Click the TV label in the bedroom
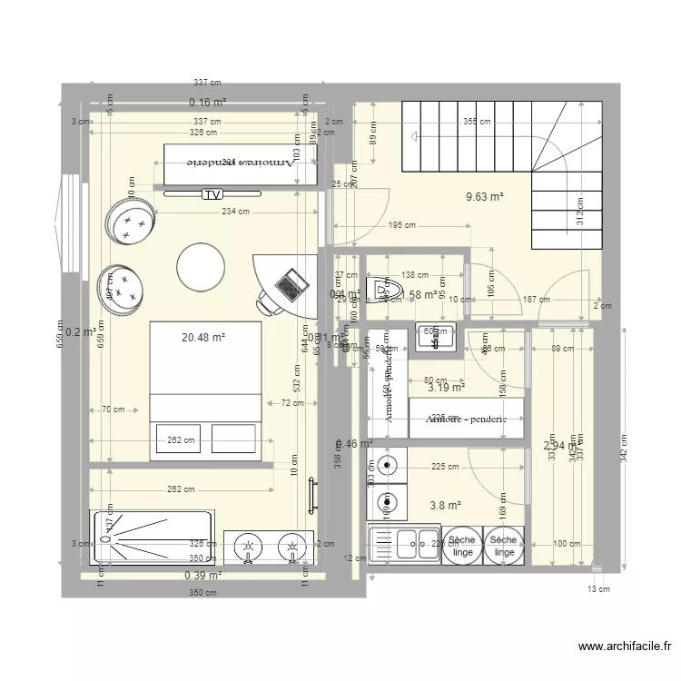(x=212, y=193)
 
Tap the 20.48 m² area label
(x=203, y=338)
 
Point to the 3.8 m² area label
(x=445, y=506)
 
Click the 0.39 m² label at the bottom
(x=203, y=575)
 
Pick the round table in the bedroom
(x=201, y=267)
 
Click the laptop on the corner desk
(x=290, y=284)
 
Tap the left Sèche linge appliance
(x=462, y=546)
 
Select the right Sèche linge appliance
(x=505, y=546)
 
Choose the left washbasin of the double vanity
(x=247, y=548)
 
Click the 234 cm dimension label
(x=235, y=212)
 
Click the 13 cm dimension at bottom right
(x=597, y=589)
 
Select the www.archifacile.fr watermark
(x=624, y=646)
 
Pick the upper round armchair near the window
(x=130, y=221)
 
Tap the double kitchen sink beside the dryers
(x=405, y=546)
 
